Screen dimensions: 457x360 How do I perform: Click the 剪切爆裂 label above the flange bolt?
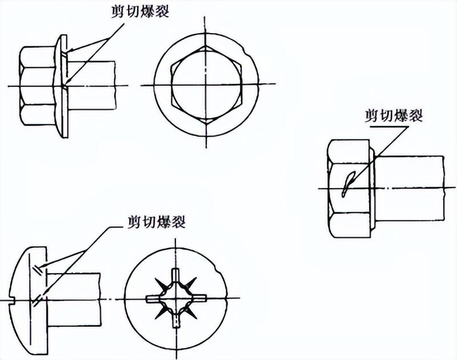coord(140,12)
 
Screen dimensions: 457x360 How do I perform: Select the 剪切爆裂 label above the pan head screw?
coord(157,222)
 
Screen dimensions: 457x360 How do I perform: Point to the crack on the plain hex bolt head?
coord(348,183)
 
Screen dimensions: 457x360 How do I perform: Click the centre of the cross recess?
coord(176,298)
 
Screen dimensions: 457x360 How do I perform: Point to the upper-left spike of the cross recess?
coord(161,283)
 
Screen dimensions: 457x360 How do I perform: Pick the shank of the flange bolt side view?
coord(91,85)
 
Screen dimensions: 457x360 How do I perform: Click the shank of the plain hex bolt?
coord(409,189)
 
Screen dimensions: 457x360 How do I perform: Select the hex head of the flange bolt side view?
coord(37,86)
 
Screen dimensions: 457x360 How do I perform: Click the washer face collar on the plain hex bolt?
coord(372,189)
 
